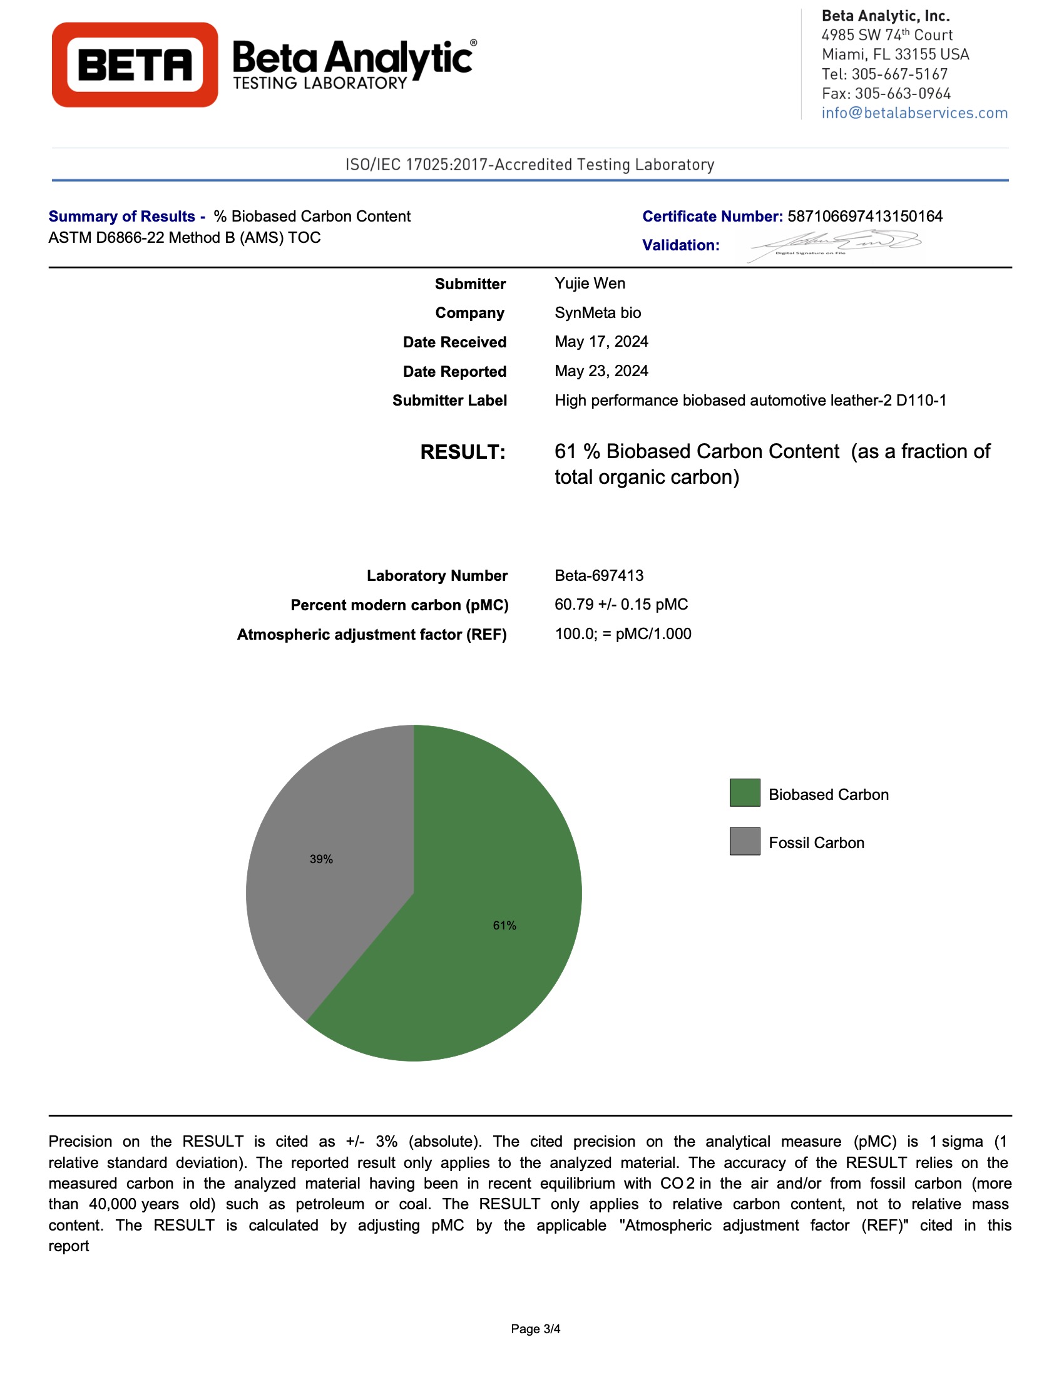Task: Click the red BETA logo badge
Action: [x=135, y=65]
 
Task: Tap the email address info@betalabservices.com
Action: [x=914, y=113]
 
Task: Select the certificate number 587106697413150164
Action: [x=865, y=217]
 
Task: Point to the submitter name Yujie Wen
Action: [x=590, y=283]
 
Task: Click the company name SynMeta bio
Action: [x=598, y=313]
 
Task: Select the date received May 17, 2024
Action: [x=601, y=342]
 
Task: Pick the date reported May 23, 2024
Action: [x=601, y=371]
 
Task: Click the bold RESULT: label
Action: [x=463, y=452]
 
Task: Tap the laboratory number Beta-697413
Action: [x=599, y=575]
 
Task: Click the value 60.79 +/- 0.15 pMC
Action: [x=621, y=604]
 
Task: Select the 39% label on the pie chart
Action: [x=321, y=859]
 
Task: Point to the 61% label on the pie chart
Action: [x=504, y=926]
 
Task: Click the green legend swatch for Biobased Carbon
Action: [x=744, y=792]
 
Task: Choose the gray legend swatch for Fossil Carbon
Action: [x=744, y=841]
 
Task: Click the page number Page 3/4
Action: [x=535, y=1329]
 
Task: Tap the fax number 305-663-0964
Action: [x=902, y=93]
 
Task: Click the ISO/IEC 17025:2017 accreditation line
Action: [x=529, y=165]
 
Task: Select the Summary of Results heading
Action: [x=126, y=217]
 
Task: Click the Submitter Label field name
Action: [x=449, y=401]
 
